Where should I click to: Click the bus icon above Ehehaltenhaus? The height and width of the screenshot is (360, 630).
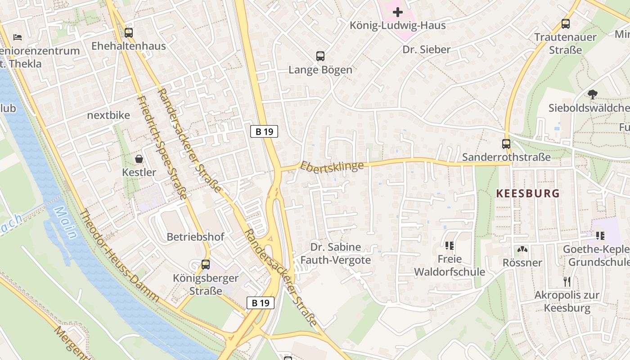pyautogui.click(x=129, y=32)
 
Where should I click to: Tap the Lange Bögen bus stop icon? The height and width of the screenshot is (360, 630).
pyautogui.click(x=320, y=56)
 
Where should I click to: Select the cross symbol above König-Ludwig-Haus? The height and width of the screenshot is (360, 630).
pyautogui.click(x=398, y=12)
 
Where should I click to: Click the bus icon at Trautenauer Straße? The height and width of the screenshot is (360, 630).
pyautogui.click(x=566, y=23)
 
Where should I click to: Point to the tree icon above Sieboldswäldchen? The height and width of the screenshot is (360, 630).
pyautogui.click(x=593, y=94)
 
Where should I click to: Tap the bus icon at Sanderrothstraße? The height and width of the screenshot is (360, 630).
pyautogui.click(x=506, y=144)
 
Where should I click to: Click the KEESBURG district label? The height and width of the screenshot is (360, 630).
pyautogui.click(x=528, y=193)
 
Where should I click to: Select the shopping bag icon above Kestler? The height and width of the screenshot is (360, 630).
pyautogui.click(x=139, y=159)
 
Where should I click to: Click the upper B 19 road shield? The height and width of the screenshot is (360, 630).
pyautogui.click(x=264, y=131)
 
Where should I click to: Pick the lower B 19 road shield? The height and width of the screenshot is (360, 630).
pyautogui.click(x=261, y=303)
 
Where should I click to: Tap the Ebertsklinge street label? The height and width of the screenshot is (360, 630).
pyautogui.click(x=332, y=166)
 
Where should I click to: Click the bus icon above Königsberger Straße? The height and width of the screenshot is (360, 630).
pyautogui.click(x=206, y=265)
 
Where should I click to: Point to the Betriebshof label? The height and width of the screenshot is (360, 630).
pyautogui.click(x=195, y=237)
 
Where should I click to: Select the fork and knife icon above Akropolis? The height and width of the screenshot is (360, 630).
pyautogui.click(x=567, y=282)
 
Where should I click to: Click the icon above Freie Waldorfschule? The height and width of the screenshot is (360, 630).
pyautogui.click(x=450, y=245)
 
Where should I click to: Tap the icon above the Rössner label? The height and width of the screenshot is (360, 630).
pyautogui.click(x=522, y=249)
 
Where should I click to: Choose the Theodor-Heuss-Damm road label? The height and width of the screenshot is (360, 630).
pyautogui.click(x=119, y=255)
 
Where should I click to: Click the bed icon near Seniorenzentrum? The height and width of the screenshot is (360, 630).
pyautogui.click(x=18, y=37)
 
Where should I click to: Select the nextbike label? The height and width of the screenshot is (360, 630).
pyautogui.click(x=108, y=115)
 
